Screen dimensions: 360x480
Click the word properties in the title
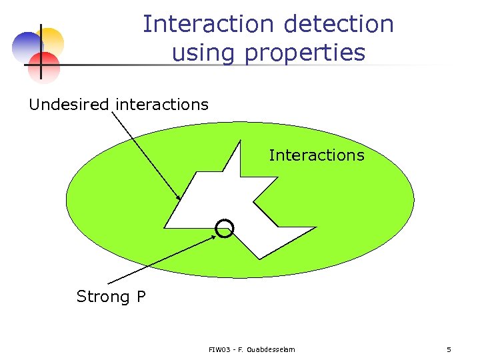pyautogui.click(x=305, y=53)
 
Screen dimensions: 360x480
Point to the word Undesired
pyautogui.click(x=69, y=105)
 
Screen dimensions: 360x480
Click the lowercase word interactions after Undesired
pyautogui.click(x=162, y=105)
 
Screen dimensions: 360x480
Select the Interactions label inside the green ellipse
pyautogui.click(x=317, y=155)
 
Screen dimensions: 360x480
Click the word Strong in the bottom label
pyautogui.click(x=103, y=297)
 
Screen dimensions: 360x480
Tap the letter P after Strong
pyautogui.click(x=141, y=297)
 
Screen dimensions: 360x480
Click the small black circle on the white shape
pyautogui.click(x=225, y=229)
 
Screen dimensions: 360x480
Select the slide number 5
pyautogui.click(x=449, y=349)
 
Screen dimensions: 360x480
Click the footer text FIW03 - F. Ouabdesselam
pyautogui.click(x=251, y=349)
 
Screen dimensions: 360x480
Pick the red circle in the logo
pyautogui.click(x=45, y=66)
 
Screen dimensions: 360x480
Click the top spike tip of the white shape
pyautogui.click(x=239, y=141)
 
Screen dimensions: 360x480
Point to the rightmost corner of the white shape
pyautogui.click(x=316, y=228)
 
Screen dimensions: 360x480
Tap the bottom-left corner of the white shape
pyautogui.click(x=165, y=227)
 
